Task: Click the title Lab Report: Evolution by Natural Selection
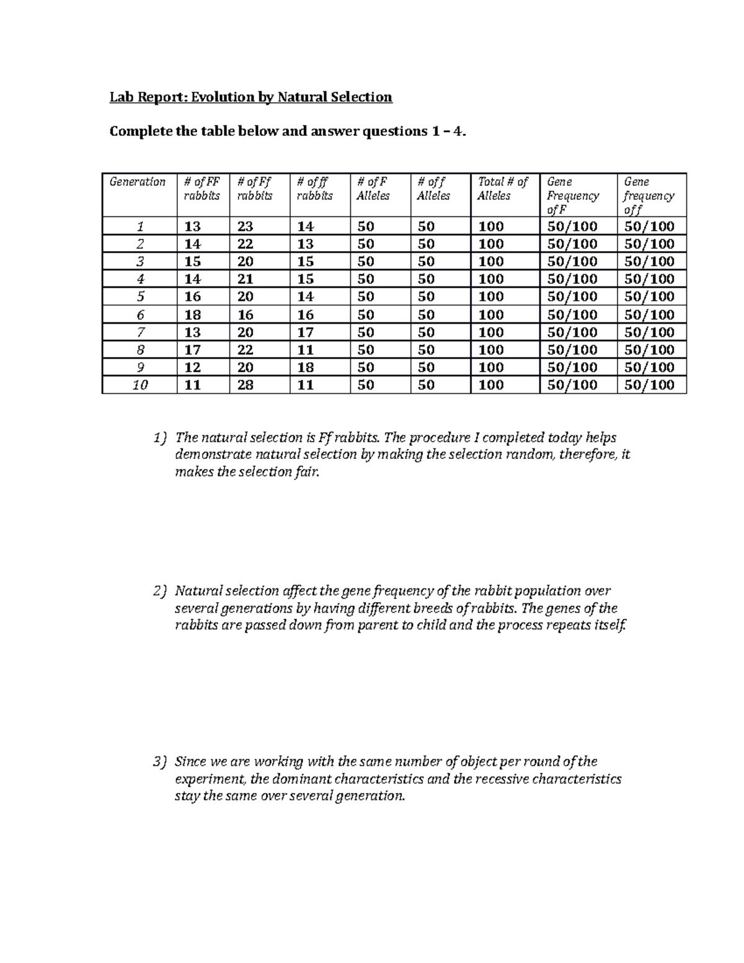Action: (250, 97)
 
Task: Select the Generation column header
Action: (138, 182)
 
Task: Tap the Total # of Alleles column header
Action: (502, 189)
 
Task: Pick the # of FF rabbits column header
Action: (201, 189)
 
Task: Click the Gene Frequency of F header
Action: (573, 195)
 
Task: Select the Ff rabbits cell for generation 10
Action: (246, 385)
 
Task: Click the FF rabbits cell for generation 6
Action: (193, 314)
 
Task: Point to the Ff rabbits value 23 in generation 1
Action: (246, 226)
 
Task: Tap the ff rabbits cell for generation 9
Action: (306, 367)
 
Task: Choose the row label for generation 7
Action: (140, 332)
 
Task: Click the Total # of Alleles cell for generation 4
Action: (491, 279)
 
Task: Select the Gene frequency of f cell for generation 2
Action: (649, 244)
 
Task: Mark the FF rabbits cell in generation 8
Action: (193, 350)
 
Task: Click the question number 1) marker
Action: (160, 438)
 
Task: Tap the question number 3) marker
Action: (160, 762)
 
